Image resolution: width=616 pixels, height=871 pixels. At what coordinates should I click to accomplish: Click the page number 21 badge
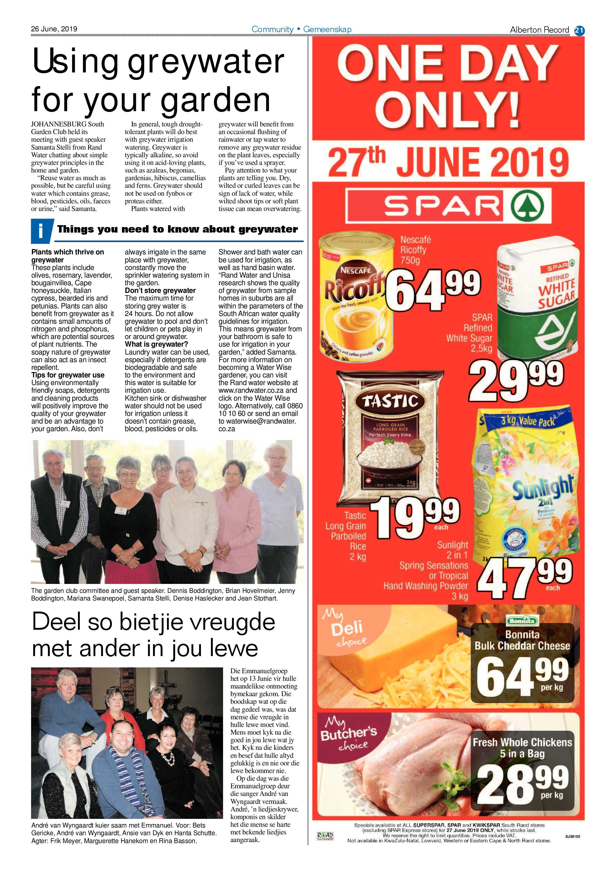point(579,30)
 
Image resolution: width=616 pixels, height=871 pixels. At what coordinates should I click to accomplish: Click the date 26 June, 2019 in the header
point(54,29)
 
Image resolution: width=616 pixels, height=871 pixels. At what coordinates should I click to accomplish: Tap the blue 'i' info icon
point(41,231)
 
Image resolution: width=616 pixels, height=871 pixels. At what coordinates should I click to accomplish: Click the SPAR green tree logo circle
point(527,207)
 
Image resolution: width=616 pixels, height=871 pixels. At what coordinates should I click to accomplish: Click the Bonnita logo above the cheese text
point(522,621)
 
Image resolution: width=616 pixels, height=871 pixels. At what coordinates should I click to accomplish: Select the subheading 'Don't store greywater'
point(160,291)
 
